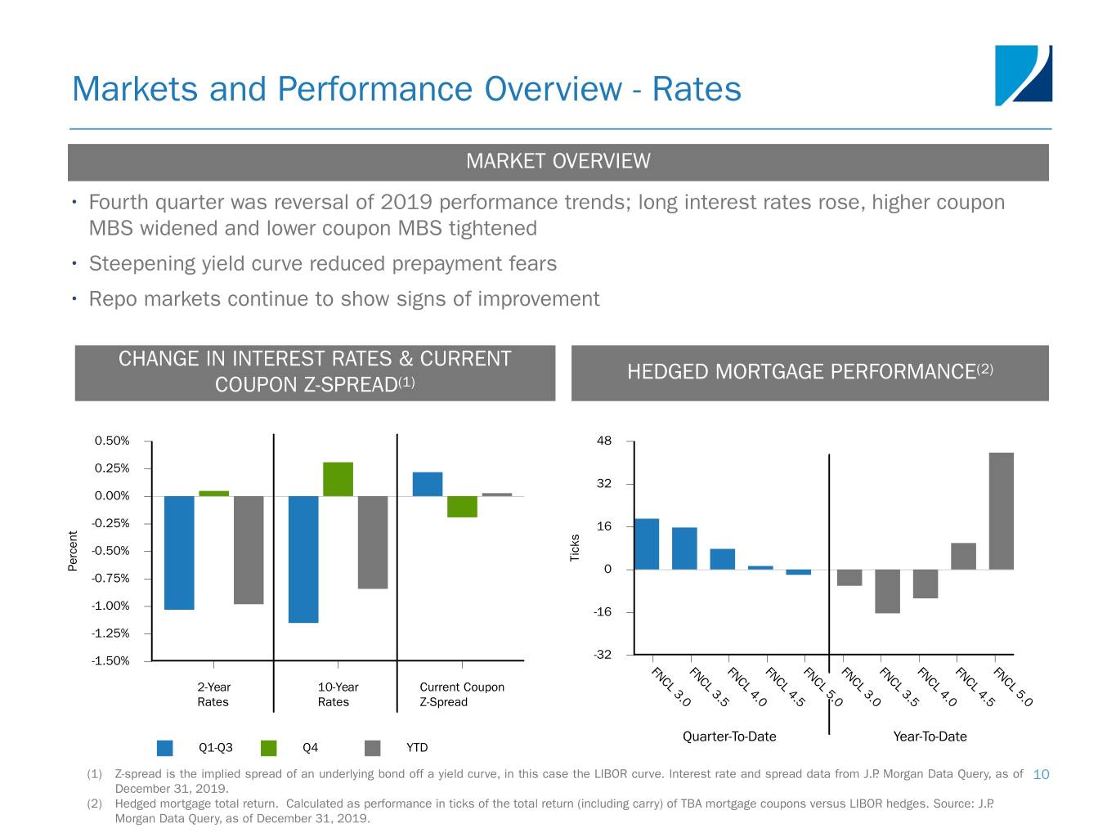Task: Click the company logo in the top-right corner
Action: point(1023,75)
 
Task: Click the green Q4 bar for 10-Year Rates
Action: point(338,479)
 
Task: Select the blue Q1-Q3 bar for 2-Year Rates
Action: point(179,553)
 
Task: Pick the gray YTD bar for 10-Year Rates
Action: point(373,542)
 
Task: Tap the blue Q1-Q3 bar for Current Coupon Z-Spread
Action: point(428,484)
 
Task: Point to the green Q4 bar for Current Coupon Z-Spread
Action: point(462,507)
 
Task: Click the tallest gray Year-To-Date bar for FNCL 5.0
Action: point(1001,511)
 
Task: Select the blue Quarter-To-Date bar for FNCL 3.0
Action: point(647,544)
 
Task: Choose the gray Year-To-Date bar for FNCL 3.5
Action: point(887,591)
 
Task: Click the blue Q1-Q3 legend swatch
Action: point(165,748)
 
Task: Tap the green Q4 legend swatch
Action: point(269,748)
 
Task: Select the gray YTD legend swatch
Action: point(373,748)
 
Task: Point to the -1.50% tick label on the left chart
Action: point(110,661)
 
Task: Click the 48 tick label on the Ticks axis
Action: point(604,441)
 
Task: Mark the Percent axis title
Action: point(73,551)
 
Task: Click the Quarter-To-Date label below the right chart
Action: point(729,736)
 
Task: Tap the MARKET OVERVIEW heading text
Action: point(558,162)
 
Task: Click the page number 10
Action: point(1041,774)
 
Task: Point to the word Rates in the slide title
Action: point(697,89)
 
